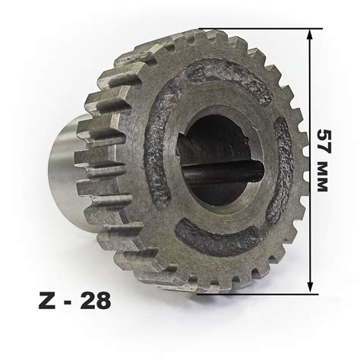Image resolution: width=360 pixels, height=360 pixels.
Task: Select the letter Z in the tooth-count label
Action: point(47,301)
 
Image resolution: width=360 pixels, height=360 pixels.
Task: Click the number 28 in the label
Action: point(96,301)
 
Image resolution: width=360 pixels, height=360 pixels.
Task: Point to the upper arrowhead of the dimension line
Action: point(310,34)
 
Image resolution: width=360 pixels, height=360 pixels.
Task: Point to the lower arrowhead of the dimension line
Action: point(310,288)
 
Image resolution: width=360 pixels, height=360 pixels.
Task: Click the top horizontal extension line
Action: point(261,29)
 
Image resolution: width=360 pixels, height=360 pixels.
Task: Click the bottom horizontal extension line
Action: point(257,294)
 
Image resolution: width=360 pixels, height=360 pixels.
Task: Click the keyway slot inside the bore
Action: point(223,173)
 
